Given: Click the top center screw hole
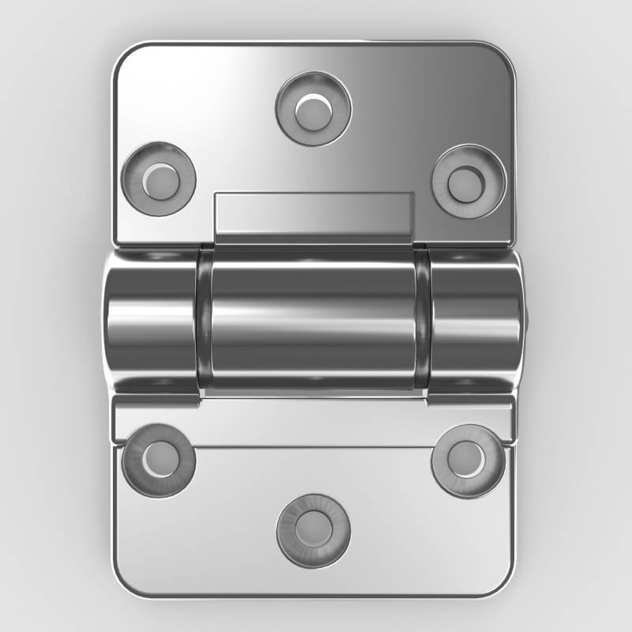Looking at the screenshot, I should click(x=314, y=108).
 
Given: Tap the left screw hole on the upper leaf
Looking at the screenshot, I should click(x=160, y=179).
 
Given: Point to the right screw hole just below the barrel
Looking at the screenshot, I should click(x=468, y=460).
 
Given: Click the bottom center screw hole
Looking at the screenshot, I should click(x=314, y=529).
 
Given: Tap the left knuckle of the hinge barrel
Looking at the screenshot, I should click(x=150, y=320).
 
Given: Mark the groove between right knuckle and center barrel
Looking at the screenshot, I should click(x=423, y=320).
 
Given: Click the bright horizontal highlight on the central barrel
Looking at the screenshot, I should click(x=314, y=304).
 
